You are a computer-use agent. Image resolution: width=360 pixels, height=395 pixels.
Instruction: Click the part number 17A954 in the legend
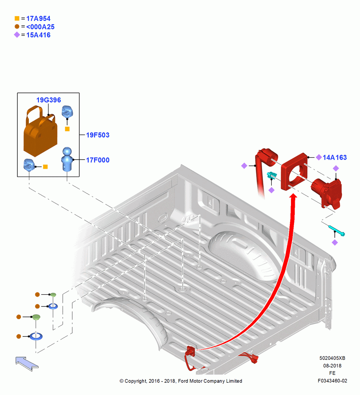click(38, 19)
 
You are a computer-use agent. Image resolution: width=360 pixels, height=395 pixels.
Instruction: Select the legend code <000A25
click(40, 27)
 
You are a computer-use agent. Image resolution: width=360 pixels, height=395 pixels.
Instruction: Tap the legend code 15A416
click(38, 35)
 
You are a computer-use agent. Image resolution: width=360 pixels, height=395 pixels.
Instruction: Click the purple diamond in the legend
click(17, 35)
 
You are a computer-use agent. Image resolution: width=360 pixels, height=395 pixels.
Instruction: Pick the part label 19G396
click(49, 100)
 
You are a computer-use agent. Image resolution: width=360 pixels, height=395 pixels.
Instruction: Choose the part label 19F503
click(97, 135)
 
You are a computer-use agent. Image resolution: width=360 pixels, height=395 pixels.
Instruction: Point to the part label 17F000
click(97, 160)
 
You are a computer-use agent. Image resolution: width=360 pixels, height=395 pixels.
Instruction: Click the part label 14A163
click(335, 158)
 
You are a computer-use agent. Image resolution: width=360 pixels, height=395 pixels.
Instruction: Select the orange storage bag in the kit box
click(40, 132)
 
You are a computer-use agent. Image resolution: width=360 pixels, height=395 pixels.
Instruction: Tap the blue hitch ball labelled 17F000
click(67, 159)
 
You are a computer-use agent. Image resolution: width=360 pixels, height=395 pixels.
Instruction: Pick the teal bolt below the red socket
click(337, 231)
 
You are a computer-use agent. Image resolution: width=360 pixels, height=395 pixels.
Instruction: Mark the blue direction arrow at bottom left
click(27, 363)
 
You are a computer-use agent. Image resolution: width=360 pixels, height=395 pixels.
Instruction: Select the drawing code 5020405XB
click(332, 358)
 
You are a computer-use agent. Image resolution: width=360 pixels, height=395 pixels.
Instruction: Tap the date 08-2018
click(332, 365)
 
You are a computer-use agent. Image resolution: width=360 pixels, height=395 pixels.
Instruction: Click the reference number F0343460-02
click(332, 381)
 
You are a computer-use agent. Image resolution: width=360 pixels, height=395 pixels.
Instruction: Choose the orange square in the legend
click(17, 19)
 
